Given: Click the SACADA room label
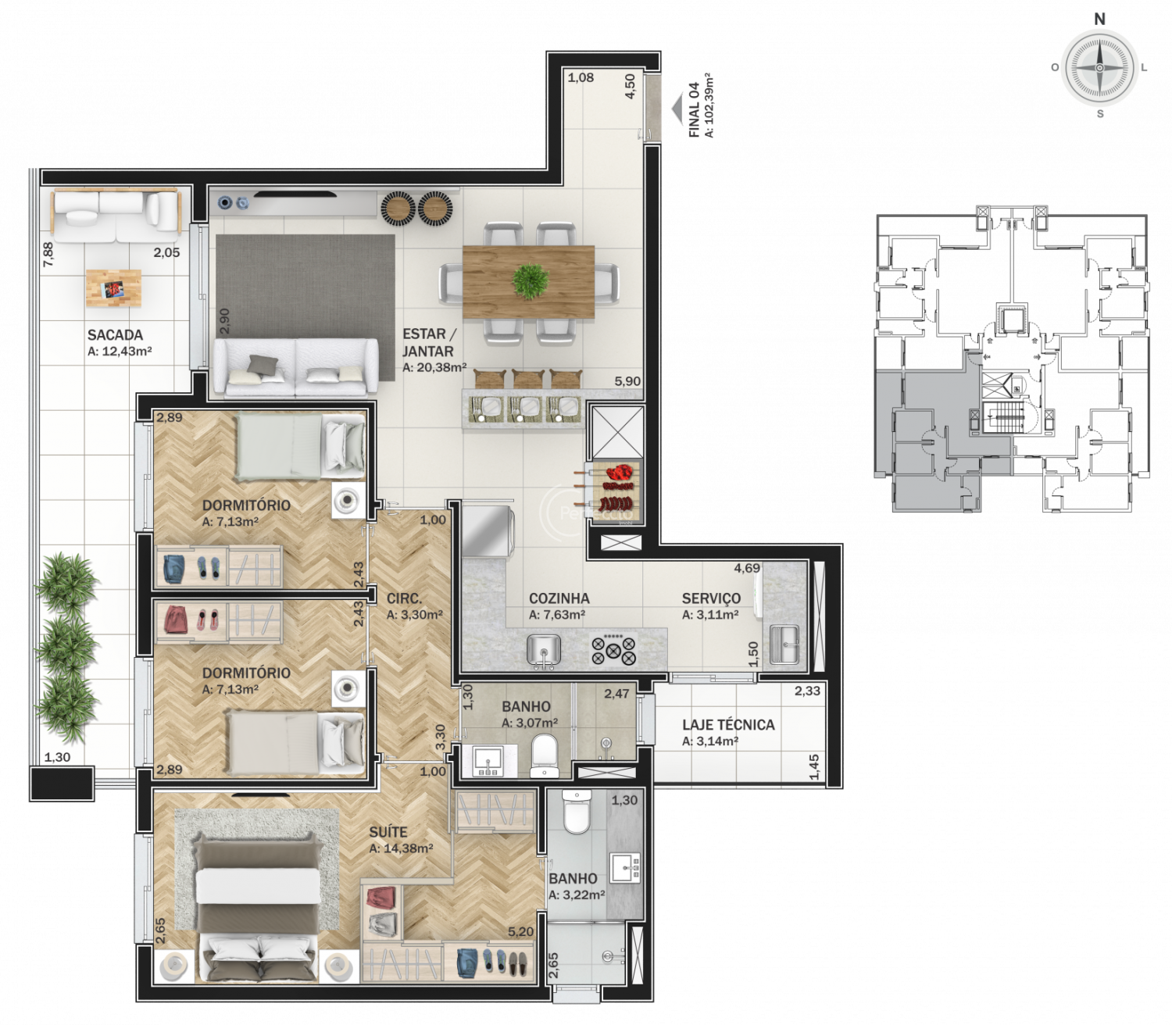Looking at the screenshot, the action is click(115, 335).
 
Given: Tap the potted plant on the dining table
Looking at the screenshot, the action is click(531, 281).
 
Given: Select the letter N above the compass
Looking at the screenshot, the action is click(1100, 20).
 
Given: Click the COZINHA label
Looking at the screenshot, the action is click(559, 598).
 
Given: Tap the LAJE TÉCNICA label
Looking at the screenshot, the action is click(729, 725).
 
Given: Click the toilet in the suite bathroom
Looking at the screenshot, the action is click(577, 812).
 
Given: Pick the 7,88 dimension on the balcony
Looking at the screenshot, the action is click(48, 254).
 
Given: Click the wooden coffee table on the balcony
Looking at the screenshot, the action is click(113, 288).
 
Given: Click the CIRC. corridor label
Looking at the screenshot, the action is click(405, 599).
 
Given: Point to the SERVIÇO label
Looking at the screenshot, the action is click(712, 598).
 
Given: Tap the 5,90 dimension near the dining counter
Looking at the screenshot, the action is click(627, 381).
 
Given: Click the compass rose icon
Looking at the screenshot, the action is click(1099, 67).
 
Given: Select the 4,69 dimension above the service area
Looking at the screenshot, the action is click(747, 568).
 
